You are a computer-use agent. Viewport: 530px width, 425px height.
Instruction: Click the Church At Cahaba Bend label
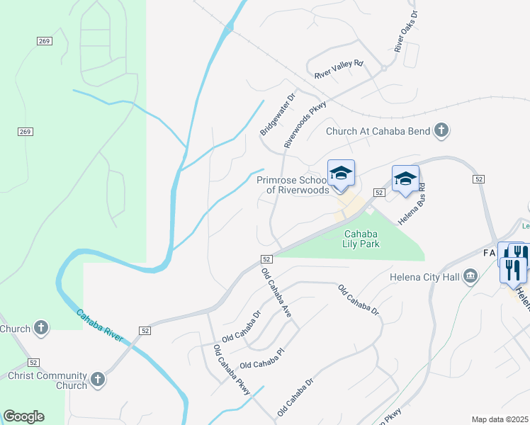point(379,131)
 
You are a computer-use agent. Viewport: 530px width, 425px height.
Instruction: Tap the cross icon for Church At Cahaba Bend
point(441,130)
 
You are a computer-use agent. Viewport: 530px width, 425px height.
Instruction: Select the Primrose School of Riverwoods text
point(293,185)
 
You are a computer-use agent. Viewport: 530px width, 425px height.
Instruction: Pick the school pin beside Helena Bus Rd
point(405,178)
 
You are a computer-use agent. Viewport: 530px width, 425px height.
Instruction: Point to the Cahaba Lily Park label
point(362,239)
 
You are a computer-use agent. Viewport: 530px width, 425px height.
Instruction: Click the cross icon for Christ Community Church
point(98,380)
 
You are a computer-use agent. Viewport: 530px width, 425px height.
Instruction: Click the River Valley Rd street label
point(339,69)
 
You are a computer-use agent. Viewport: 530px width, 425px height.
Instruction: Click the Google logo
point(23,416)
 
